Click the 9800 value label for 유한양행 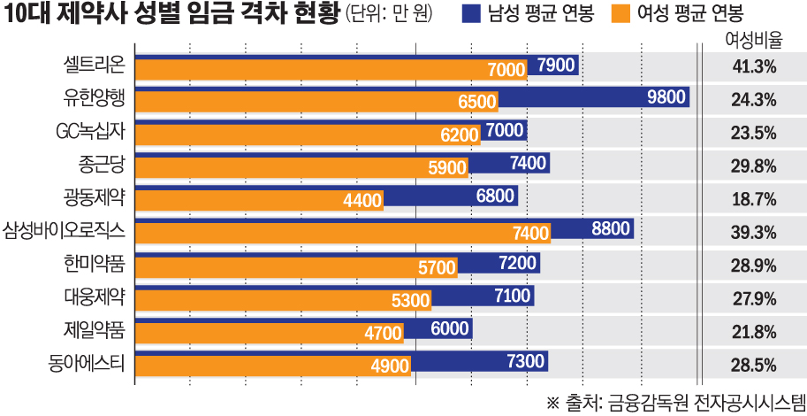tap(666, 97)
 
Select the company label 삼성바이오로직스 tap(64, 232)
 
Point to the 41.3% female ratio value tap(754, 66)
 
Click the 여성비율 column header tap(754, 40)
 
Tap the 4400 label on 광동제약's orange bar tap(362, 200)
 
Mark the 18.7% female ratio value tap(754, 199)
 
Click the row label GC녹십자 tap(89, 132)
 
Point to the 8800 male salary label tap(612, 229)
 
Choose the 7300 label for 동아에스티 tap(525, 361)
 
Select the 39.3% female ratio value tap(754, 232)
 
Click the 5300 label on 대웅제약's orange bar tap(410, 300)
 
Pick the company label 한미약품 tap(95, 265)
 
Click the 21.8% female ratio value tap(754, 332)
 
